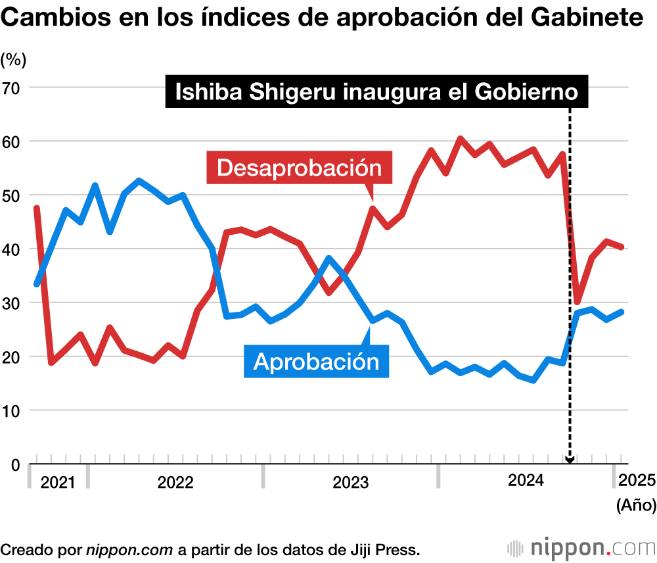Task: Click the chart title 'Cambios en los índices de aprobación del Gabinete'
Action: pyautogui.click(x=323, y=18)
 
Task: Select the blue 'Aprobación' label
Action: pyautogui.click(x=317, y=361)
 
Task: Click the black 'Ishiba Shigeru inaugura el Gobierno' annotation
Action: pyautogui.click(x=376, y=92)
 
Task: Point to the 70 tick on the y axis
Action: pyautogui.click(x=12, y=87)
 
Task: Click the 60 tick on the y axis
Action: pyautogui.click(x=12, y=141)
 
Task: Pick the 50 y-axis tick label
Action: pyautogui.click(x=12, y=195)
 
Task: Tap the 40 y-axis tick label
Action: pyautogui.click(x=12, y=249)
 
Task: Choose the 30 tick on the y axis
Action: pyautogui.click(x=12, y=303)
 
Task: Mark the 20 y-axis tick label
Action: pyautogui.click(x=12, y=357)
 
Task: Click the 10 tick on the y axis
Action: pyautogui.click(x=12, y=411)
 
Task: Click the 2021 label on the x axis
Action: pyautogui.click(x=58, y=483)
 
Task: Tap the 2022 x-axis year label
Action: pyautogui.click(x=175, y=483)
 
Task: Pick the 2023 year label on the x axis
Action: pyautogui.click(x=351, y=483)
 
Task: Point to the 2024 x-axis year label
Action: pyautogui.click(x=526, y=481)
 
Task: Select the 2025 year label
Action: pyautogui.click(x=637, y=481)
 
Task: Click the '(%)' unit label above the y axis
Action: pyautogui.click(x=13, y=59)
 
